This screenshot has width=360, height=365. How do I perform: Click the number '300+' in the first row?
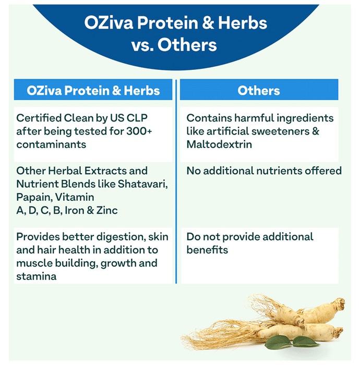tap(139, 131)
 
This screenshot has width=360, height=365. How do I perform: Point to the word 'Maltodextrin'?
tap(219, 144)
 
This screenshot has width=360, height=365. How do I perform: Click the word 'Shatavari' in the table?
tap(143, 184)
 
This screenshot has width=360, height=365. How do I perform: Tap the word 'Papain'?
tap(34, 198)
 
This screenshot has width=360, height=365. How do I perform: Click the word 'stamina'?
tap(37, 276)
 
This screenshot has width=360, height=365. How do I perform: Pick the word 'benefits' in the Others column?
tap(207, 250)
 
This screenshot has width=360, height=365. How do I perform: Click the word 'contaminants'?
tap(51, 144)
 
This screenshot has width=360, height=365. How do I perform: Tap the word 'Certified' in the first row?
tap(39, 118)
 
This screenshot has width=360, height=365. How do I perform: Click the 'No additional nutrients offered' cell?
tap(264, 171)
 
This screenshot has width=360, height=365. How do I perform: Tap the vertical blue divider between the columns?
tap(176, 181)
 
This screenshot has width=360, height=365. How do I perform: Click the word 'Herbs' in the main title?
tap(243, 23)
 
